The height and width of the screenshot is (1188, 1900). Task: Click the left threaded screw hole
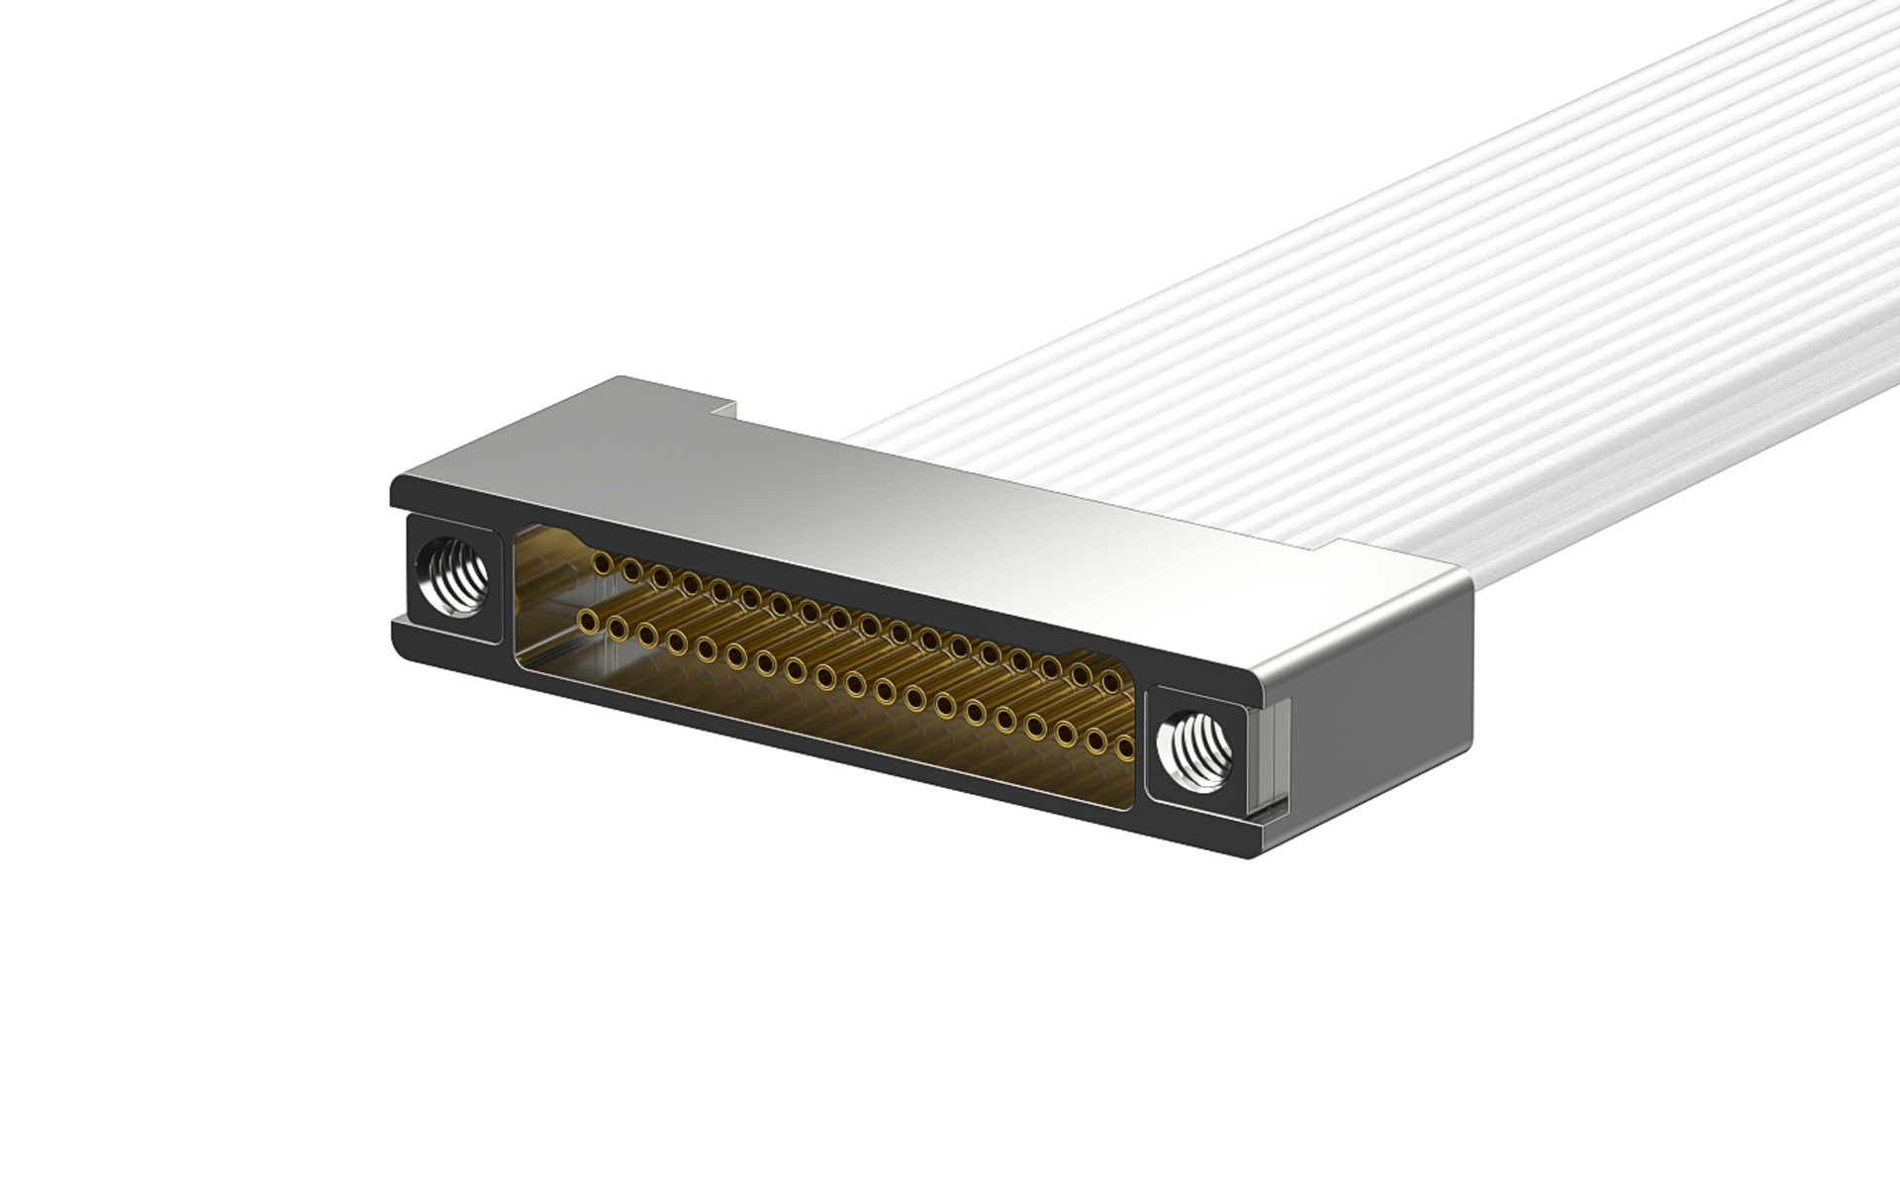[452, 576]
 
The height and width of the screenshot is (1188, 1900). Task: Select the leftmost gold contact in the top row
[599, 562]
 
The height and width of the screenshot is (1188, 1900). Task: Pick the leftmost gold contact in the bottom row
[590, 623]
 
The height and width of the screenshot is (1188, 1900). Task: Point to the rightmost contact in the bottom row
[1125, 749]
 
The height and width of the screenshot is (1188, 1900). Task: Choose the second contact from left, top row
[628, 568]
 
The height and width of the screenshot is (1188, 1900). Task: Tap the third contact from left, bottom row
[648, 635]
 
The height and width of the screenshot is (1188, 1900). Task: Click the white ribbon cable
[1385, 297]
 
